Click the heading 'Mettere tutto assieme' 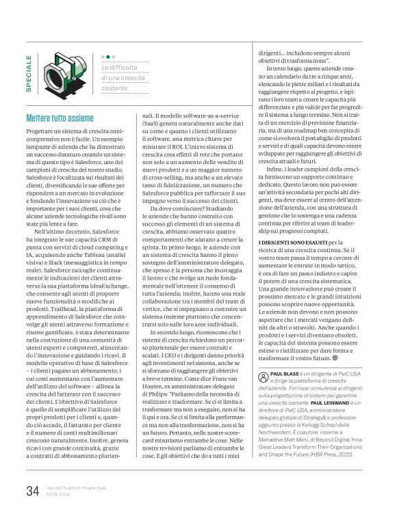60,118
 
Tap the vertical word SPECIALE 29,73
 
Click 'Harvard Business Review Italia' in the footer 77,486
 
